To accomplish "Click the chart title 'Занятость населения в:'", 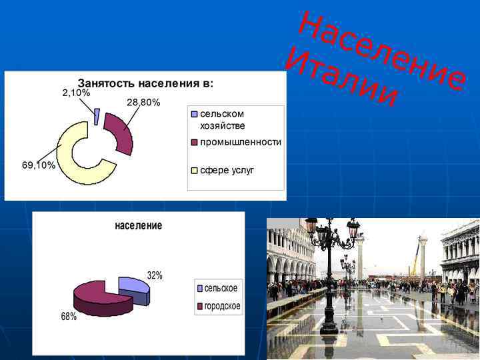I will coord(145,83).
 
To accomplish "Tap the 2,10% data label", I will coord(76,93).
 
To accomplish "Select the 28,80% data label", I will coord(143,102).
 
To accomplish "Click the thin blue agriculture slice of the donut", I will coord(97,117).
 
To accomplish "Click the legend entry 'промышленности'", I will coord(240,142).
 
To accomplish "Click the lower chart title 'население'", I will coord(138,225).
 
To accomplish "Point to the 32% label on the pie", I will coord(155,275).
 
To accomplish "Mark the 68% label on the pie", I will coord(69,317).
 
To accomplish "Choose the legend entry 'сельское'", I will coord(220,288).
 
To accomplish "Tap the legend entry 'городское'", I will coord(222,306).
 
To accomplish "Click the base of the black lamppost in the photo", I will coord(329,328).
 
